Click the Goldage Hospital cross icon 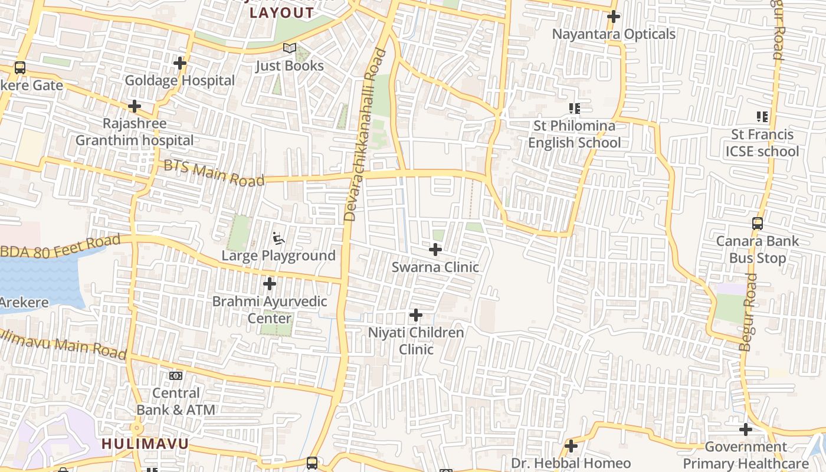coord(180,63)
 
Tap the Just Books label coord(289,65)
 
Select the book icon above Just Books coord(289,48)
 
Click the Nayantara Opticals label coord(614,34)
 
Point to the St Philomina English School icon coord(574,109)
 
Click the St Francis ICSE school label coord(762,143)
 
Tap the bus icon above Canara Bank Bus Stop coord(758,224)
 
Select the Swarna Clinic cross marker coord(435,250)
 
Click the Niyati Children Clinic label coord(416,340)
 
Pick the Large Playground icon coord(278,239)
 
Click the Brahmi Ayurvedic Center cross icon coord(270,284)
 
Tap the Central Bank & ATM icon coord(176,376)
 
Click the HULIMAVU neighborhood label coord(145,444)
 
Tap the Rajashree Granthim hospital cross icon coord(135,107)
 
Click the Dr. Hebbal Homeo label coord(571,463)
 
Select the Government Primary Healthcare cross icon coord(746,430)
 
